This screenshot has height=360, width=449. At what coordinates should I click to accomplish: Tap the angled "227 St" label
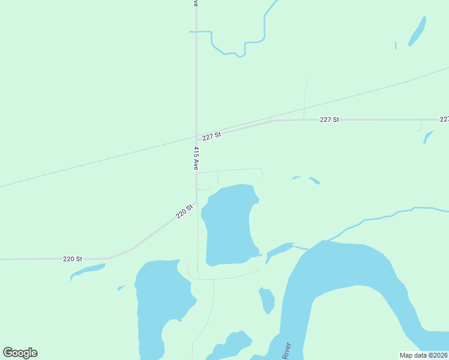pyautogui.click(x=212, y=136)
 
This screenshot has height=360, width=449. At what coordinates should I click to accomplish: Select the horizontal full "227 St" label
pyautogui.click(x=329, y=120)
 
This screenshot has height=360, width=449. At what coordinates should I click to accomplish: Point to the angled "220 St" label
pyautogui.click(x=184, y=211)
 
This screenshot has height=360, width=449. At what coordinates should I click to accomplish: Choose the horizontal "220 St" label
pyautogui.click(x=72, y=259)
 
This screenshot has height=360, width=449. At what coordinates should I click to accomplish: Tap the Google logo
pyautogui.click(x=20, y=353)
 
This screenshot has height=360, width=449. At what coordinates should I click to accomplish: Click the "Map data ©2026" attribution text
pyautogui.click(x=424, y=355)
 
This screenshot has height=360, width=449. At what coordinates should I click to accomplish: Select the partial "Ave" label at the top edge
pyautogui.click(x=196, y=3)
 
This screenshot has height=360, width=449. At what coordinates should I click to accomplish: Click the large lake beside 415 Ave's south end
pyautogui.click(x=228, y=225)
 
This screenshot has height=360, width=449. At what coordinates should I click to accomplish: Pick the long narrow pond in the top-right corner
pyautogui.click(x=417, y=31)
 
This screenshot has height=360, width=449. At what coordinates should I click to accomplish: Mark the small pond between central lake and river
pyautogui.click(x=267, y=300)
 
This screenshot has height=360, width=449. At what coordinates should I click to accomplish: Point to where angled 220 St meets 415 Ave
pyautogui.click(x=196, y=202)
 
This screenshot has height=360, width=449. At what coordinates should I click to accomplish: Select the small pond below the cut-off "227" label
pyautogui.click(x=427, y=137)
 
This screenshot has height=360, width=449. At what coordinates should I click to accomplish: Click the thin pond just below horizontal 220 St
pyautogui.click(x=87, y=271)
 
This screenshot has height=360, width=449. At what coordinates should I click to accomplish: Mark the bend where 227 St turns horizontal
pyautogui.click(x=275, y=121)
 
